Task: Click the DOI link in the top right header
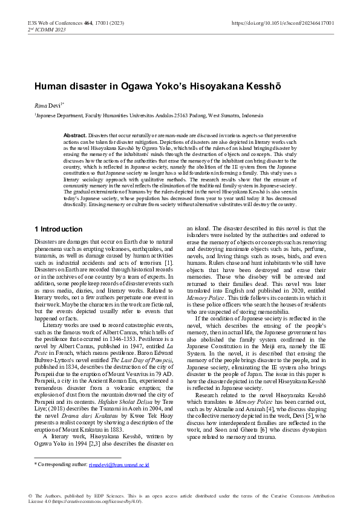point(283,23)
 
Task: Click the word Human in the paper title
point(51,86)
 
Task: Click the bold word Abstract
point(75,135)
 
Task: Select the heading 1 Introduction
point(58,212)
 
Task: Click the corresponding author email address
point(119,465)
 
